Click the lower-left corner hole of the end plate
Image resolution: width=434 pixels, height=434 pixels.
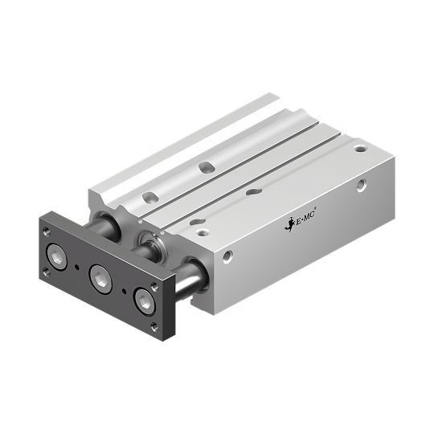[46, 272]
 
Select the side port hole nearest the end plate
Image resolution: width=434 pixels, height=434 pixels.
[228, 257]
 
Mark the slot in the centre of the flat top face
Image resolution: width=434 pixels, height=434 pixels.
[254, 192]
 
